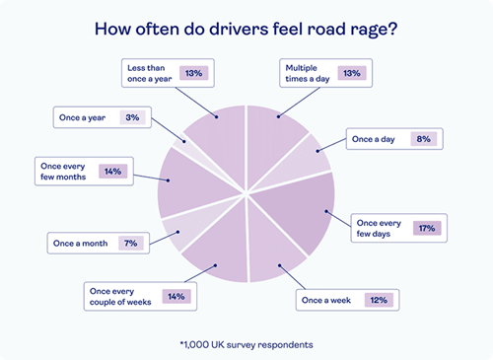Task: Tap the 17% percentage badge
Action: pos(426,228)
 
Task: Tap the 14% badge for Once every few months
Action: pos(112,171)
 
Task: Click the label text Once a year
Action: pos(82,117)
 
